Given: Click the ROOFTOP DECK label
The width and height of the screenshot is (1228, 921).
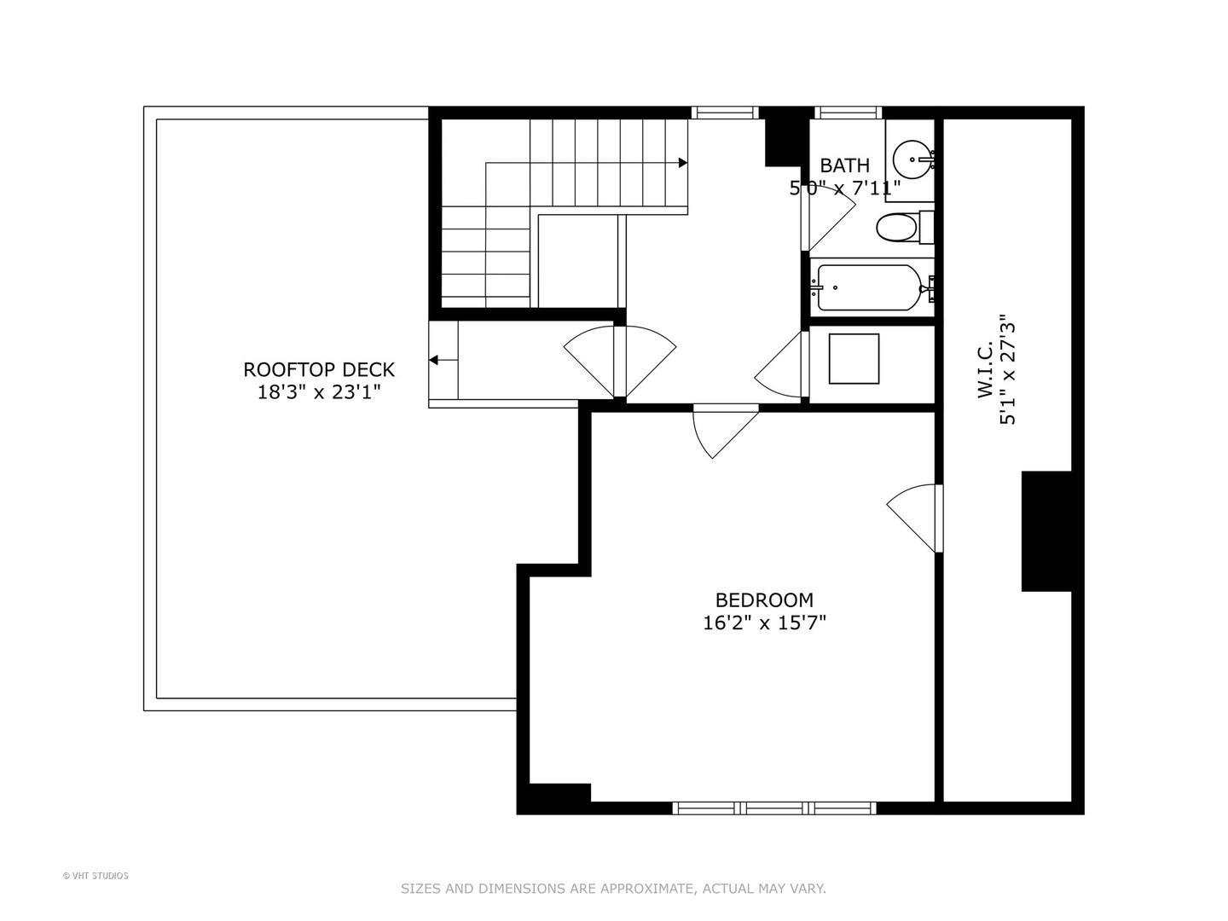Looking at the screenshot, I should (x=319, y=369).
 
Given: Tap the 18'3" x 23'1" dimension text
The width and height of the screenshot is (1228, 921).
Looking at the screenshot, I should (x=319, y=392).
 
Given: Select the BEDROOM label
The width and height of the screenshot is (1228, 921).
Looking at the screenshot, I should (x=764, y=600).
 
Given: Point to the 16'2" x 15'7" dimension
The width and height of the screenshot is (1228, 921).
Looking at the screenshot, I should (x=764, y=623).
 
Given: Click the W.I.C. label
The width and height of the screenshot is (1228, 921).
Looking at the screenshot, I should (x=985, y=369).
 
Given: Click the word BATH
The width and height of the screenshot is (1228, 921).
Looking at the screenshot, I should (x=844, y=165).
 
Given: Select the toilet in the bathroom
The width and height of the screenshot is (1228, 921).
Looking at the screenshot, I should (x=900, y=227).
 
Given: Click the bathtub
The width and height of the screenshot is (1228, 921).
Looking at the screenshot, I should (x=868, y=288).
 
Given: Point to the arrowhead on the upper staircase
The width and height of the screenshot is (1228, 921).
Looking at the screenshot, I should (x=682, y=162).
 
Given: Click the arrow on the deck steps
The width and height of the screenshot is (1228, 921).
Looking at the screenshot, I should (x=435, y=360).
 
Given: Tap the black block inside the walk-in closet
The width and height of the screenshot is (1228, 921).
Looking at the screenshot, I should (x=1046, y=530).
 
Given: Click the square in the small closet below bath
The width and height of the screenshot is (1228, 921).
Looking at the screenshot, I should (x=854, y=359).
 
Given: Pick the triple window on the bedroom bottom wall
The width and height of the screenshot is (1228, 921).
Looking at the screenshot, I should (x=773, y=808).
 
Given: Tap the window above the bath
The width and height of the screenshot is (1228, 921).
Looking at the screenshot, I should (x=847, y=113).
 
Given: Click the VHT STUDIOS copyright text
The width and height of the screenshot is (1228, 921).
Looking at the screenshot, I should (x=96, y=876).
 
